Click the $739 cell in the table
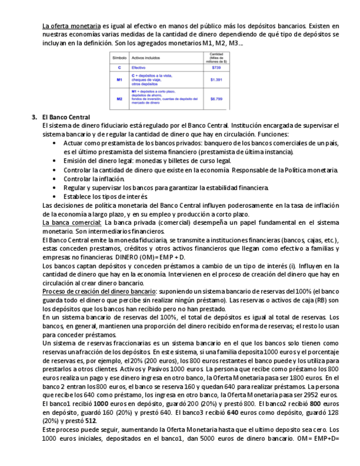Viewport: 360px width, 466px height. (215, 68)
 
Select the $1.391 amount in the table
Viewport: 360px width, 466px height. (215, 80)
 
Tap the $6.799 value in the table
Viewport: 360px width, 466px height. (216, 99)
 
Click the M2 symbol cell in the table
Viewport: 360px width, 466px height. (119, 99)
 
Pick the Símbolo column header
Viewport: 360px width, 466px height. (119, 57)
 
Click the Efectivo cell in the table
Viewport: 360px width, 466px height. (138, 68)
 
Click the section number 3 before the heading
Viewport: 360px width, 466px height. (34, 118)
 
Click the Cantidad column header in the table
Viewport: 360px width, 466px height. (215, 57)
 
